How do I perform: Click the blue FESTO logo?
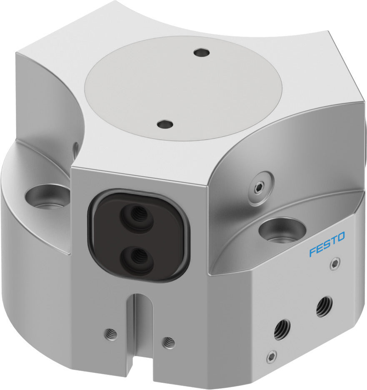[327, 244]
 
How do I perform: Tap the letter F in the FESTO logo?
[312, 252]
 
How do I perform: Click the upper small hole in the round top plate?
[202, 53]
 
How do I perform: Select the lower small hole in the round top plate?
[165, 124]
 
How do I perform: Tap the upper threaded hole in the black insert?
[136, 215]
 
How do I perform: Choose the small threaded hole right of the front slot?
[169, 342]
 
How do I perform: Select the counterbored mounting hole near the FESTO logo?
[280, 230]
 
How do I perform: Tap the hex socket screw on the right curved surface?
[260, 188]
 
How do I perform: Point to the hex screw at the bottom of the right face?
[272, 357]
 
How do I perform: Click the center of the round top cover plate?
[183, 88]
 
